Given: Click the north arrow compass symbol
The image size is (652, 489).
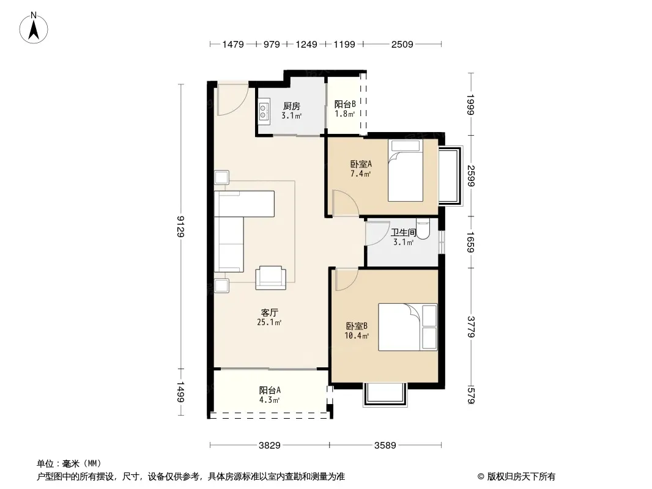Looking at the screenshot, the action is point(34,28).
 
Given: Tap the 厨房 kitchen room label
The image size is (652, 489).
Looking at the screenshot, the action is point(292,106).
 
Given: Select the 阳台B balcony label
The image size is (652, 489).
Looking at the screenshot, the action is point(345,105).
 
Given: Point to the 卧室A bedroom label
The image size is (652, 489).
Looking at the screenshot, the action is point(360,164).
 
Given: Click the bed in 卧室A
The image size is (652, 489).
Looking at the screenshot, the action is point(406,171).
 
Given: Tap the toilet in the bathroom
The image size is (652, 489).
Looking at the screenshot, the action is point(423,229).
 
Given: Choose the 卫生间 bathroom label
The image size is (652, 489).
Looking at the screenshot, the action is point(403,232).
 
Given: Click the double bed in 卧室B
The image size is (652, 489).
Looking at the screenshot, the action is point(407,327).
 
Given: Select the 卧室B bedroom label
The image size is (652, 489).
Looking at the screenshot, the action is point(357,326).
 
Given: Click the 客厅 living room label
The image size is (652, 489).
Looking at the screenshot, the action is point(270,312).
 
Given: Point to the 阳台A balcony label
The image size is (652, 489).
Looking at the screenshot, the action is point(270,390).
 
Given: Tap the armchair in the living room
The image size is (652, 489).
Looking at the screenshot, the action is point(271,278).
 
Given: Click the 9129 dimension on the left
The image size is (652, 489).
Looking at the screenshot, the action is point(180,226).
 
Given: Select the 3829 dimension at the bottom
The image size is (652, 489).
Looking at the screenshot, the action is point(270,446).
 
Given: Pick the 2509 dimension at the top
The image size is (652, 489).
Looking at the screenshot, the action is point(402,44).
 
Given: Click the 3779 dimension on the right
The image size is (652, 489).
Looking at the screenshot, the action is point(471,327).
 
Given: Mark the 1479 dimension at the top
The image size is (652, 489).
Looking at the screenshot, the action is point(233,44).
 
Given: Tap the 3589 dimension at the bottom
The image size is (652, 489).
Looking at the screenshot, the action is point(385,446).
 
